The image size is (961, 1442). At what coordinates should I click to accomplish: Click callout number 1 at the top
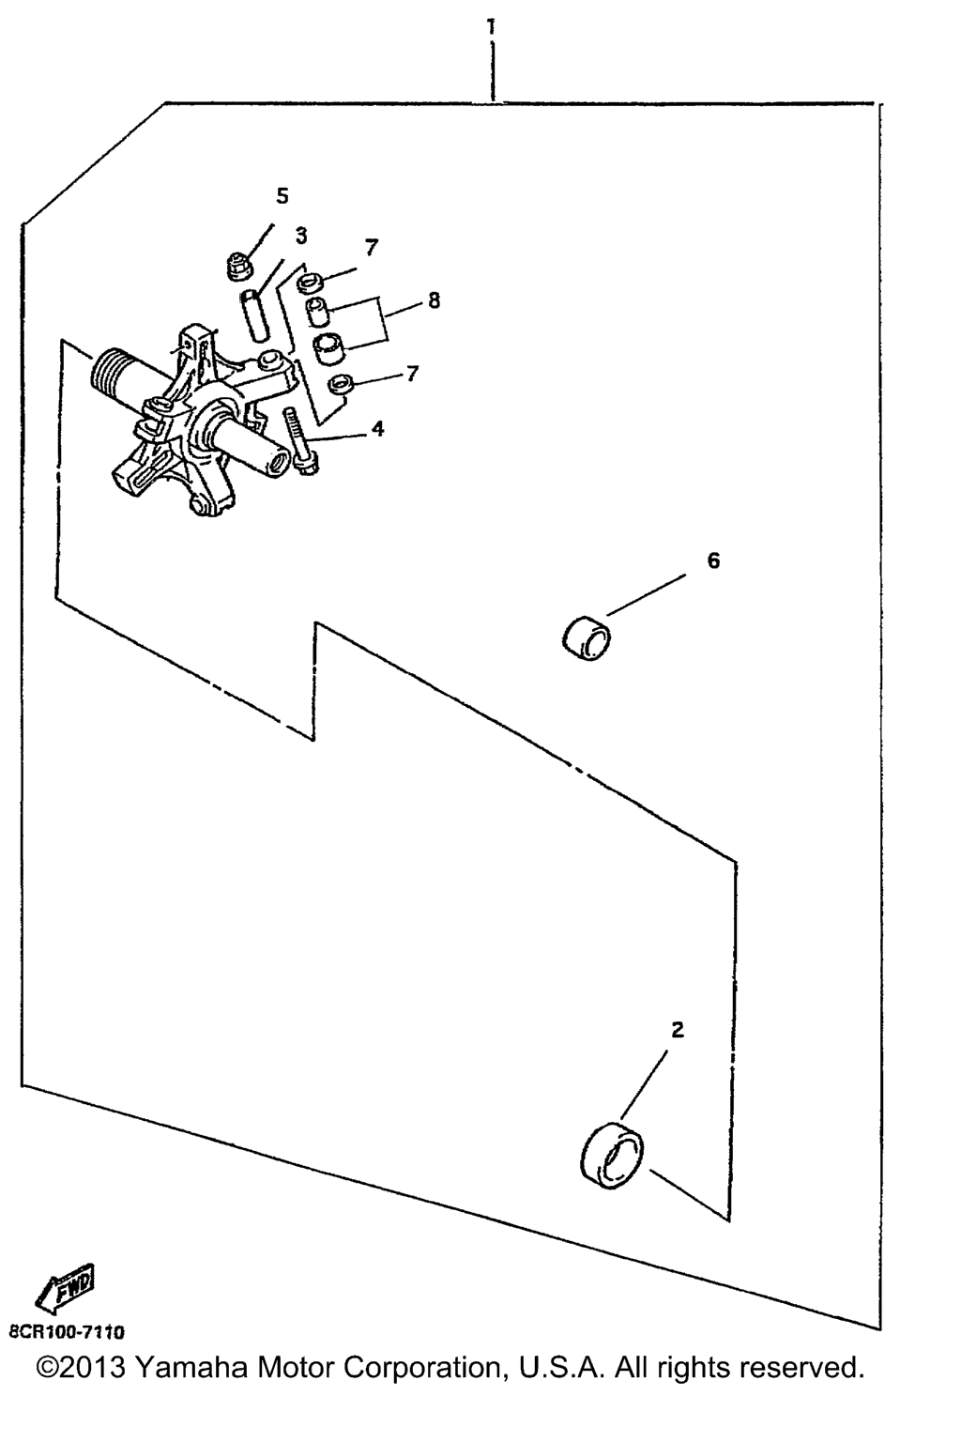pyautogui.click(x=492, y=26)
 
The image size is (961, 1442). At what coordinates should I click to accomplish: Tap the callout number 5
pyautogui.click(x=282, y=195)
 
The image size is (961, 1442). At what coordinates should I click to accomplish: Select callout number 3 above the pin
pyautogui.click(x=301, y=236)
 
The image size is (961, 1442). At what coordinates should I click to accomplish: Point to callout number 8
pyautogui.click(x=434, y=300)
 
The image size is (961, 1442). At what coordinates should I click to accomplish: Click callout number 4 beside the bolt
pyautogui.click(x=378, y=428)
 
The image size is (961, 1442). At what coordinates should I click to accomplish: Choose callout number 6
pyautogui.click(x=713, y=560)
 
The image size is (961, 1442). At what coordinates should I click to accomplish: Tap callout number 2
pyautogui.click(x=678, y=1030)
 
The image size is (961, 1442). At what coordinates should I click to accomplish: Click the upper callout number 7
pyautogui.click(x=372, y=247)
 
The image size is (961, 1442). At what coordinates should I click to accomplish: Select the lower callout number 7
pyautogui.click(x=413, y=374)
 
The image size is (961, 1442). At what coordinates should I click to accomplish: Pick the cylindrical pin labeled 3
pyautogui.click(x=255, y=315)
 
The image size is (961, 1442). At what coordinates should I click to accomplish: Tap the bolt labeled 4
pyautogui.click(x=298, y=441)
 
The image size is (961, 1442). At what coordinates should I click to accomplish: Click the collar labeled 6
pyautogui.click(x=587, y=638)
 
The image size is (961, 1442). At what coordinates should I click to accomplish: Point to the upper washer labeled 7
pyautogui.click(x=311, y=283)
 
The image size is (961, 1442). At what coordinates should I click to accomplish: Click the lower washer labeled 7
pyautogui.click(x=341, y=384)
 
